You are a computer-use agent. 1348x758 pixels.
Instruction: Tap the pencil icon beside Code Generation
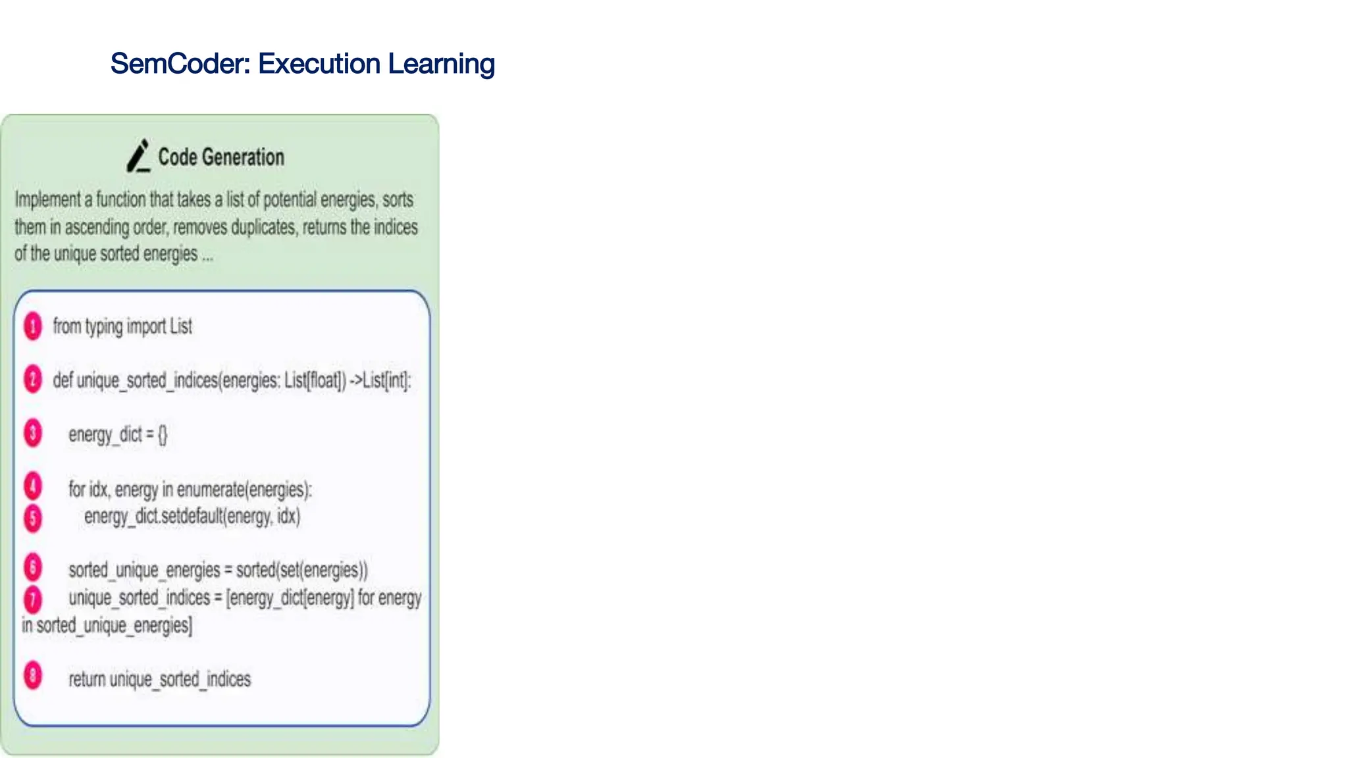point(138,157)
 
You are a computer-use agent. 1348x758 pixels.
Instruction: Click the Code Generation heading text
point(221,157)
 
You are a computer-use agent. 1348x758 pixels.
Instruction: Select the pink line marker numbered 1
point(33,326)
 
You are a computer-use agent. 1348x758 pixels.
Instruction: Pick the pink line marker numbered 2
point(33,380)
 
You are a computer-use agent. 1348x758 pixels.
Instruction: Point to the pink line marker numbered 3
point(33,434)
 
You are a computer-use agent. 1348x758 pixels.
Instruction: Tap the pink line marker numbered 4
point(33,487)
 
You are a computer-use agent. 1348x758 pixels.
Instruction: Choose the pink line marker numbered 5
point(33,518)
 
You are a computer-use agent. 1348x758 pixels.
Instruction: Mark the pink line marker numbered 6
point(33,568)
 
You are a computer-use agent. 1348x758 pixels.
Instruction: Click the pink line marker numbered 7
point(33,599)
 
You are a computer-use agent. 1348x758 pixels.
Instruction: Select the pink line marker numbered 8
point(33,676)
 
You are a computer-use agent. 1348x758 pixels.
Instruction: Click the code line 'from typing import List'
point(122,326)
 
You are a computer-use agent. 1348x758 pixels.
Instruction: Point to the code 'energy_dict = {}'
point(118,435)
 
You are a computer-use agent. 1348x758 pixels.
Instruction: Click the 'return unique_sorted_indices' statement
point(160,679)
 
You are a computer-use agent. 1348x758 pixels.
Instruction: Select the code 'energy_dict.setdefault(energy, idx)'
point(192,517)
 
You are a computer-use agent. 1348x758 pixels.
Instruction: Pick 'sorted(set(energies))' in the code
point(301,570)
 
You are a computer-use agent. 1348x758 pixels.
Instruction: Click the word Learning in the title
point(441,64)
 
